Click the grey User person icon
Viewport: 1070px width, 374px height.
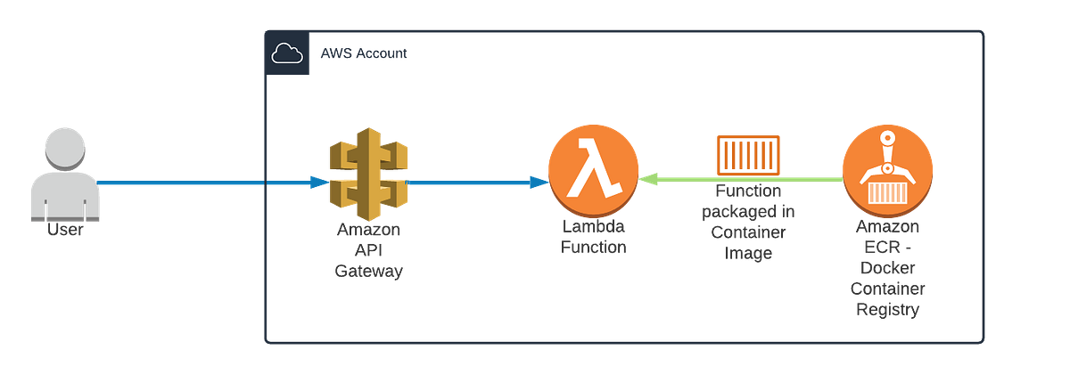pos(60,178)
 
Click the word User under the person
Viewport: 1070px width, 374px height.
pos(60,231)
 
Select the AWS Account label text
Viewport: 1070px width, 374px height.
pos(364,54)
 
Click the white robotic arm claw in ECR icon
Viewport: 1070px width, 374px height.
pos(886,151)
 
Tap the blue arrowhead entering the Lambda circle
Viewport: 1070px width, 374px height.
pos(537,183)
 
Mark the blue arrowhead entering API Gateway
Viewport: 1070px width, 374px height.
pos(318,183)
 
